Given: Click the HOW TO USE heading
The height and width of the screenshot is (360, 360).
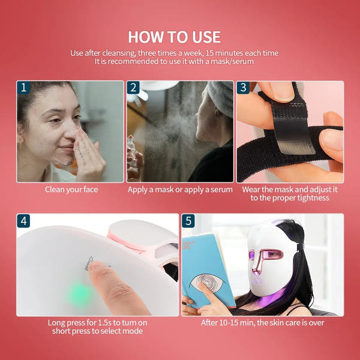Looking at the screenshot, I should (x=174, y=37).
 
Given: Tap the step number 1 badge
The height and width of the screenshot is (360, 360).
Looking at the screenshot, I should (x=23, y=88).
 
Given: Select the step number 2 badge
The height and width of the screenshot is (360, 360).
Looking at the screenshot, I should (x=133, y=88).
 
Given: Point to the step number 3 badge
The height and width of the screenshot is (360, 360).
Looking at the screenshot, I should (x=243, y=88).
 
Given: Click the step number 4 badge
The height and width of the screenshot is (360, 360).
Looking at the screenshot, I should (x=23, y=221).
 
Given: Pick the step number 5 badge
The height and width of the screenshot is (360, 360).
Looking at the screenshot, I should (x=188, y=221).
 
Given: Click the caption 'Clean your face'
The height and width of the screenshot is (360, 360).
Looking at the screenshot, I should (x=71, y=190).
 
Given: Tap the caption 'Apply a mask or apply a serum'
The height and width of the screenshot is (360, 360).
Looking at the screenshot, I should (x=180, y=190).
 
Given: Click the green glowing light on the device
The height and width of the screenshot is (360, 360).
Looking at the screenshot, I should (x=80, y=293).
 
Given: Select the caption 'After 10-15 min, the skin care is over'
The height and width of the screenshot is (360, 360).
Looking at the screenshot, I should (x=262, y=323).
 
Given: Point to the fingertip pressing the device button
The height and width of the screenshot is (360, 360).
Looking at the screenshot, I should (x=96, y=270).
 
